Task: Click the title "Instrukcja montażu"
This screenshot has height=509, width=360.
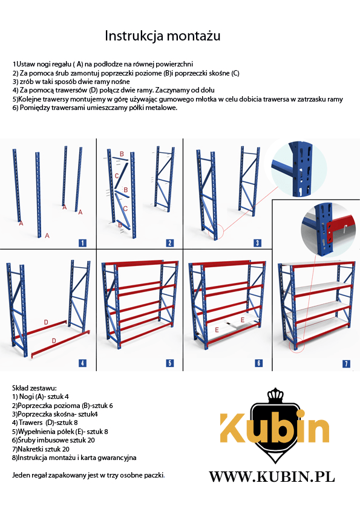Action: [x=163, y=36]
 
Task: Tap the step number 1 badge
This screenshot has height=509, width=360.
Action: [x=82, y=243]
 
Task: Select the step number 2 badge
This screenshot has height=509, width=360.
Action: [x=169, y=243]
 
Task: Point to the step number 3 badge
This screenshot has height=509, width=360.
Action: [x=257, y=243]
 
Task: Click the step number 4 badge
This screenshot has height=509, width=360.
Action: [x=82, y=363]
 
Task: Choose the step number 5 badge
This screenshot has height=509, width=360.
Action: [x=169, y=363]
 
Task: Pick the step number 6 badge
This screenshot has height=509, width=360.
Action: [x=258, y=363]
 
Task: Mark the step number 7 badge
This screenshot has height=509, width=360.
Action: [x=346, y=363]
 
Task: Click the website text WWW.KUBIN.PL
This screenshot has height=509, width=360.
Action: [x=272, y=477]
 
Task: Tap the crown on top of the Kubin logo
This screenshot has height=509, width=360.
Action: [x=275, y=395]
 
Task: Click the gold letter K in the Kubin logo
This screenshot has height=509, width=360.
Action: [x=232, y=428]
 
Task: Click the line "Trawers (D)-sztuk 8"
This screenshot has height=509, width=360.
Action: [x=45, y=423]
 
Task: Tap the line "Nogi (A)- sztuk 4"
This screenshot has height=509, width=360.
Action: [x=41, y=397]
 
